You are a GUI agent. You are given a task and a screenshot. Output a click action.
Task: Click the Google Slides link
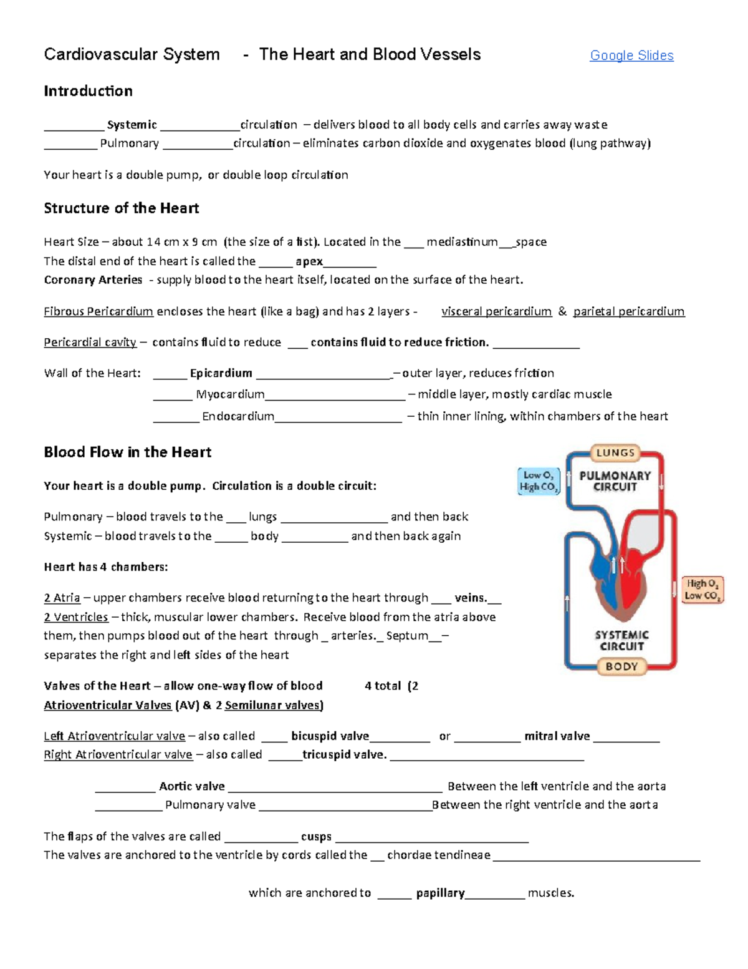[631, 56]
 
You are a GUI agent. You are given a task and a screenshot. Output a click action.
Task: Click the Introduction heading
[88, 91]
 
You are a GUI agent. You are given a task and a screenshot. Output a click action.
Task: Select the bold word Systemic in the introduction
[132, 125]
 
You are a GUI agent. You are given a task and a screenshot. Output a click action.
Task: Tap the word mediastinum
[462, 242]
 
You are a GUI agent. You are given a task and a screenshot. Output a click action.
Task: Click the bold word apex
[309, 261]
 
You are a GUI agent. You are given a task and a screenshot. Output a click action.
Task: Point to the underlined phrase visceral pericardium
[496, 311]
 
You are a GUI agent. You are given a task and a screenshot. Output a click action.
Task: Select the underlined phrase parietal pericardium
[628, 311]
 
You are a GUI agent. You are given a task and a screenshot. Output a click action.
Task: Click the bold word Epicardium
[221, 373]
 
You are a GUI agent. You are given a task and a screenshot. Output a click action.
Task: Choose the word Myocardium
[230, 394]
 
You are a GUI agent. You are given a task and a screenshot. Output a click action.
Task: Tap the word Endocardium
[237, 416]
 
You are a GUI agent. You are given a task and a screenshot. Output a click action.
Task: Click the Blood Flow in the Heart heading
[127, 452]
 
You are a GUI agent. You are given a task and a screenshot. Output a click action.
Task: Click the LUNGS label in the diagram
[615, 453]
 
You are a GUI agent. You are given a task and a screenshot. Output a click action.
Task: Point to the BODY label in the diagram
[621, 666]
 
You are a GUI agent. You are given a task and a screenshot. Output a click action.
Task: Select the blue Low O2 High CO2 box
[539, 481]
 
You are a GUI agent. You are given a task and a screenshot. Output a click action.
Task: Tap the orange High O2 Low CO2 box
[702, 590]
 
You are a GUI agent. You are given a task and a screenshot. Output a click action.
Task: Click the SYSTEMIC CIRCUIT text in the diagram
[621, 640]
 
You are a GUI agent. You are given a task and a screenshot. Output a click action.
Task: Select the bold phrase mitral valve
[557, 736]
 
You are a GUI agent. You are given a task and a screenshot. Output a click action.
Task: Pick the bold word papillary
[440, 893]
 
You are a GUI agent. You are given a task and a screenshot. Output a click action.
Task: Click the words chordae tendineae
[438, 855]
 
